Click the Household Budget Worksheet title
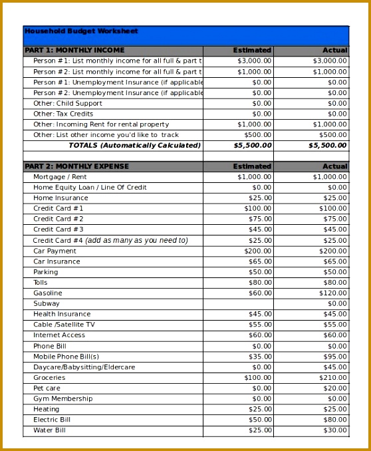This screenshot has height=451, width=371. click(x=81, y=31)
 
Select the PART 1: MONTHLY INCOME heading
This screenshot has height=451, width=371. click(x=74, y=51)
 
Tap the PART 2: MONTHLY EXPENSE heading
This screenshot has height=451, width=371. click(x=76, y=166)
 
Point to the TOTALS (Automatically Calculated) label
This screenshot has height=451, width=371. click(x=134, y=145)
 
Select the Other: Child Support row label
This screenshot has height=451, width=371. click(x=68, y=103)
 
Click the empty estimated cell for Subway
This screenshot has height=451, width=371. click(x=238, y=303)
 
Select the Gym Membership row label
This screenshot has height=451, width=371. click(x=63, y=398)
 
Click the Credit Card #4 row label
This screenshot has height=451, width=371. click(x=110, y=240)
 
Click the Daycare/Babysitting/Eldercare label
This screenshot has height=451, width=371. click(x=84, y=367)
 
